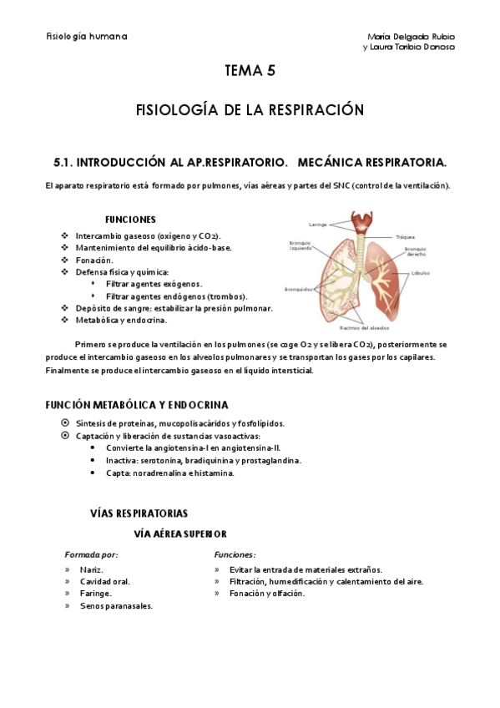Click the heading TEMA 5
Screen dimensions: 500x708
pyautogui.click(x=250, y=72)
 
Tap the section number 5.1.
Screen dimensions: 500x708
pyautogui.click(x=64, y=160)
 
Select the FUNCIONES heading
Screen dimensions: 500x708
pyautogui.click(x=130, y=220)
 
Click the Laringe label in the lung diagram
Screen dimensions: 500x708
pyautogui.click(x=316, y=225)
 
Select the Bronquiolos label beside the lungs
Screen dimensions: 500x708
pyautogui.click(x=298, y=290)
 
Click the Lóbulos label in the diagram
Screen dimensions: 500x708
pyautogui.click(x=420, y=273)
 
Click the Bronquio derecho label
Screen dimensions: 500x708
pyautogui.click(x=415, y=253)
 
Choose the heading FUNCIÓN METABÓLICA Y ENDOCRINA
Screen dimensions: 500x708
pyautogui.click(x=136, y=405)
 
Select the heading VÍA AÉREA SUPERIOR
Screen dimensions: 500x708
pyautogui.click(x=180, y=534)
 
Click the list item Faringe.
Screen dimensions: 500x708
pyautogui.click(x=95, y=594)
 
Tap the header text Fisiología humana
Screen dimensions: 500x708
pyautogui.click(x=87, y=37)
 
